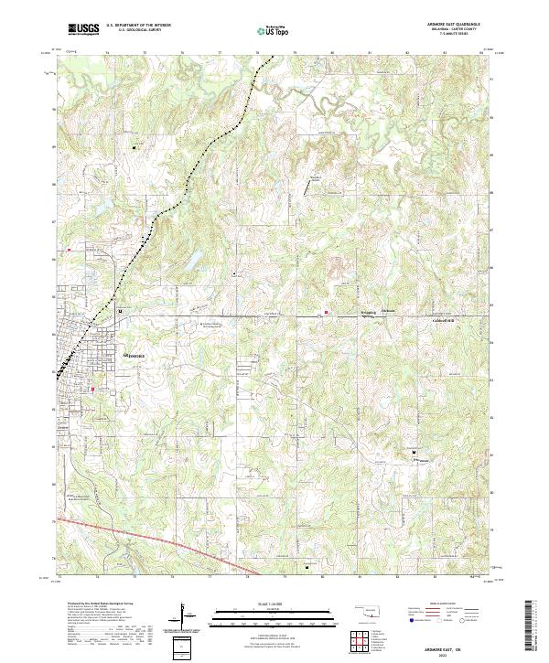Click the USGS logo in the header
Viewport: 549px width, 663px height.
coord(83,29)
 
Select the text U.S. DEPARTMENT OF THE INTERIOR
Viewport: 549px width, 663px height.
coord(138,26)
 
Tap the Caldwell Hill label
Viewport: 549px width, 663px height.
coord(443,320)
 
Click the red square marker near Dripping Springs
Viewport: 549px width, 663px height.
coord(326,313)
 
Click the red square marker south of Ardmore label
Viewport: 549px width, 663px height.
coord(92,390)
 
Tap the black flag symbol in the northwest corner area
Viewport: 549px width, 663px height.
coord(135,146)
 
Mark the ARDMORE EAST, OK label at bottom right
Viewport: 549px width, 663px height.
coord(457,645)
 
